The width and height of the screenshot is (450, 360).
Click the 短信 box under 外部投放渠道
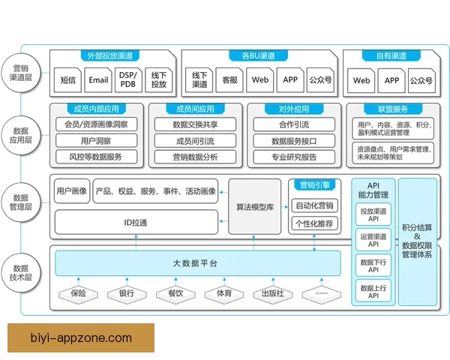(x=67, y=79)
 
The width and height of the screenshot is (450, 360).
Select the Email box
(x=98, y=79)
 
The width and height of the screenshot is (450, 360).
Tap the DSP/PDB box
(x=129, y=79)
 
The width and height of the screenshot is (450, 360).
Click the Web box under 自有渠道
(x=361, y=79)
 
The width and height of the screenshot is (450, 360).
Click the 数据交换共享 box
(x=195, y=124)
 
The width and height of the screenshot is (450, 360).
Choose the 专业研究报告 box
(x=293, y=157)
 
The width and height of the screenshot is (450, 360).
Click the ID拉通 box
(x=136, y=222)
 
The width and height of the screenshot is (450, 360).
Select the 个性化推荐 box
(x=315, y=223)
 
